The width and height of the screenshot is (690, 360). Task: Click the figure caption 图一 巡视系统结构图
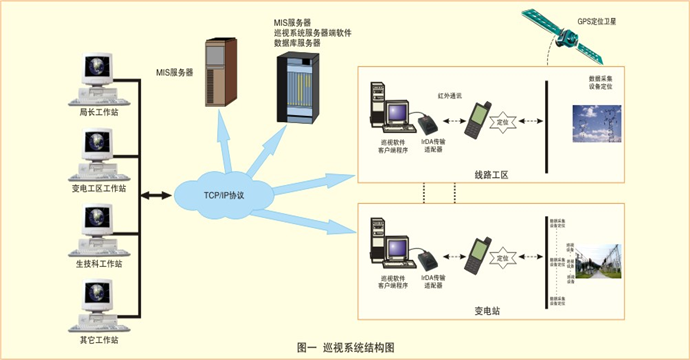click(345, 346)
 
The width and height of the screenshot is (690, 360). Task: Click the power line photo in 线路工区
click(599, 129)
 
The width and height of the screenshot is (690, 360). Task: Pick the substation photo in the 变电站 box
click(603, 267)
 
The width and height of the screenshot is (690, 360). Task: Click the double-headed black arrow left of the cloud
click(155, 192)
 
